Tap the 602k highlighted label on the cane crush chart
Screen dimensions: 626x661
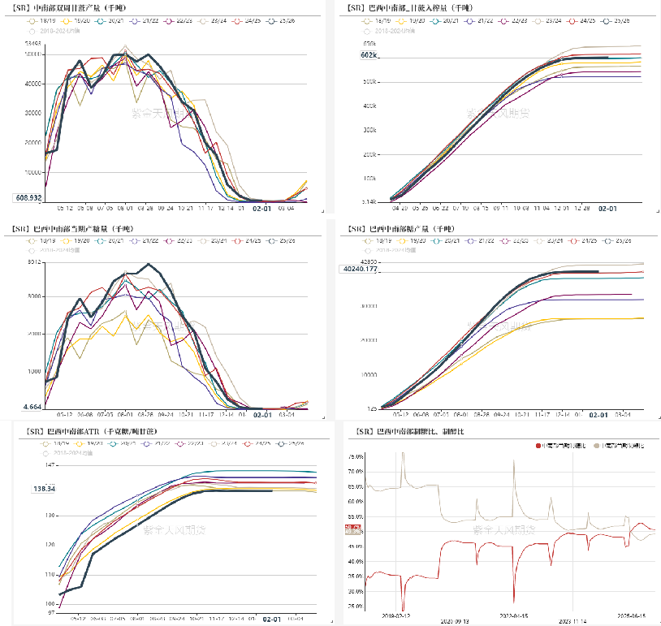(370, 55)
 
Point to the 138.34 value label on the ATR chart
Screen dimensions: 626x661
(45, 489)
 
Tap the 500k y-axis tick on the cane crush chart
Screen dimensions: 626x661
(369, 81)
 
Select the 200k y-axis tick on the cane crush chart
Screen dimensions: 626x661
(369, 153)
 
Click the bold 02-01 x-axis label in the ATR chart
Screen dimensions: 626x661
(273, 619)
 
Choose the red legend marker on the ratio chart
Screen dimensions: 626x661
(538, 446)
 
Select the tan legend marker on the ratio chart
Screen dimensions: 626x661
(599, 446)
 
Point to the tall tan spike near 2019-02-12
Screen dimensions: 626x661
(403, 455)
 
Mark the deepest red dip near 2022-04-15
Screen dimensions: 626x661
(514, 602)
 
